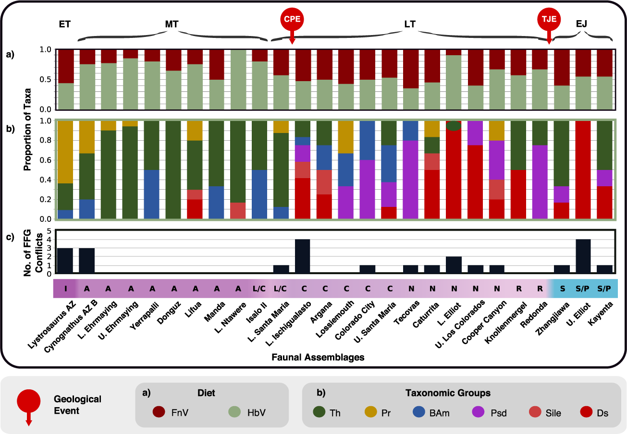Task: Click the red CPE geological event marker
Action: [292, 20]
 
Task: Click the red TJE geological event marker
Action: [549, 20]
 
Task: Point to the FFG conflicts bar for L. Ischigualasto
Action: [302, 256]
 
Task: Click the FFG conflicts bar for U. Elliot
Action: [583, 256]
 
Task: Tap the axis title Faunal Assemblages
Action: [318, 357]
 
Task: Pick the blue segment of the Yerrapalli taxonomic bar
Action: [152, 194]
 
